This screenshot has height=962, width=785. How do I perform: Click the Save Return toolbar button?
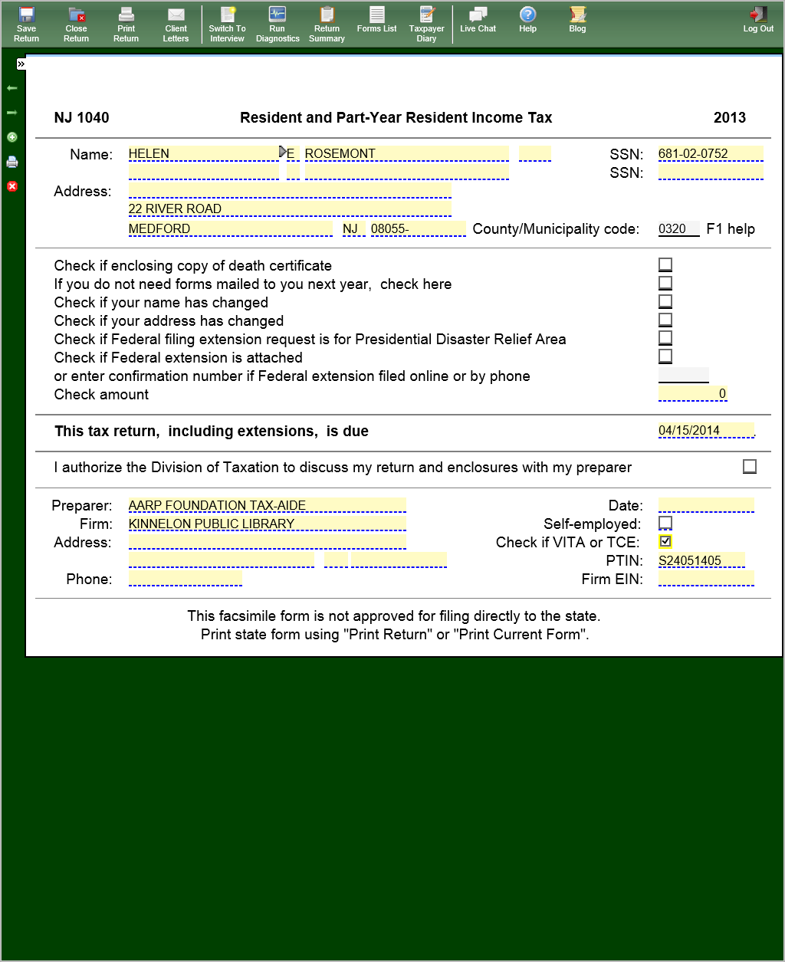(x=26, y=24)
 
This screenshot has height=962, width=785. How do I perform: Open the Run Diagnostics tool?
(x=278, y=24)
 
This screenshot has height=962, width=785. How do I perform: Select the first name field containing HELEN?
(x=203, y=153)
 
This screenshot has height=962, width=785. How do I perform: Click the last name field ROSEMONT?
(x=406, y=153)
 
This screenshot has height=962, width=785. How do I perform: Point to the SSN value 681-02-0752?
(x=710, y=153)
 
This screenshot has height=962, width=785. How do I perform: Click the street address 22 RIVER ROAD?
(x=290, y=208)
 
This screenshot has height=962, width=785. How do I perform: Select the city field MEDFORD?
(x=230, y=228)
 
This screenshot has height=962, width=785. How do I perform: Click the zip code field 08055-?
(x=418, y=228)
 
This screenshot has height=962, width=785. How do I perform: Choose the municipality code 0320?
(x=678, y=228)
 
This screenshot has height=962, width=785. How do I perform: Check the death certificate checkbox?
(x=665, y=264)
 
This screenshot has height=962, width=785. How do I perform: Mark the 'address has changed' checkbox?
(x=665, y=320)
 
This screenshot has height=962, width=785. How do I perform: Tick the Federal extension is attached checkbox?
(x=665, y=356)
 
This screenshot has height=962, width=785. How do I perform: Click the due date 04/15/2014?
(x=705, y=430)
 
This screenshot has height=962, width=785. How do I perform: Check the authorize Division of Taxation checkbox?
(x=750, y=466)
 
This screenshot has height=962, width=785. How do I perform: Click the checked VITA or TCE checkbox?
(x=665, y=541)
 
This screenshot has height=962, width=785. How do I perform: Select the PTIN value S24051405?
(x=701, y=560)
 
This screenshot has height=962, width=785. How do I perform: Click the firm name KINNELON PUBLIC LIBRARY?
(x=267, y=524)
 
